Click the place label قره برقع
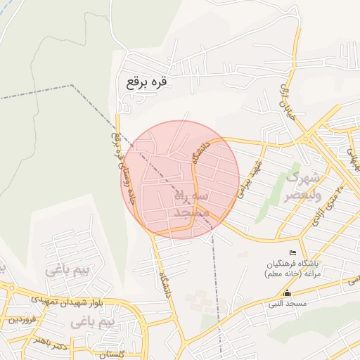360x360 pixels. [x=148, y=82]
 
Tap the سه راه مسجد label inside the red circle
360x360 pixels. [x=190, y=202]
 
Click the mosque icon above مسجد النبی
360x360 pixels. [x=286, y=293]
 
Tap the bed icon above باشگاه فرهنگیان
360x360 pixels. [x=293, y=253]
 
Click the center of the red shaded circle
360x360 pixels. [x=180, y=180]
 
